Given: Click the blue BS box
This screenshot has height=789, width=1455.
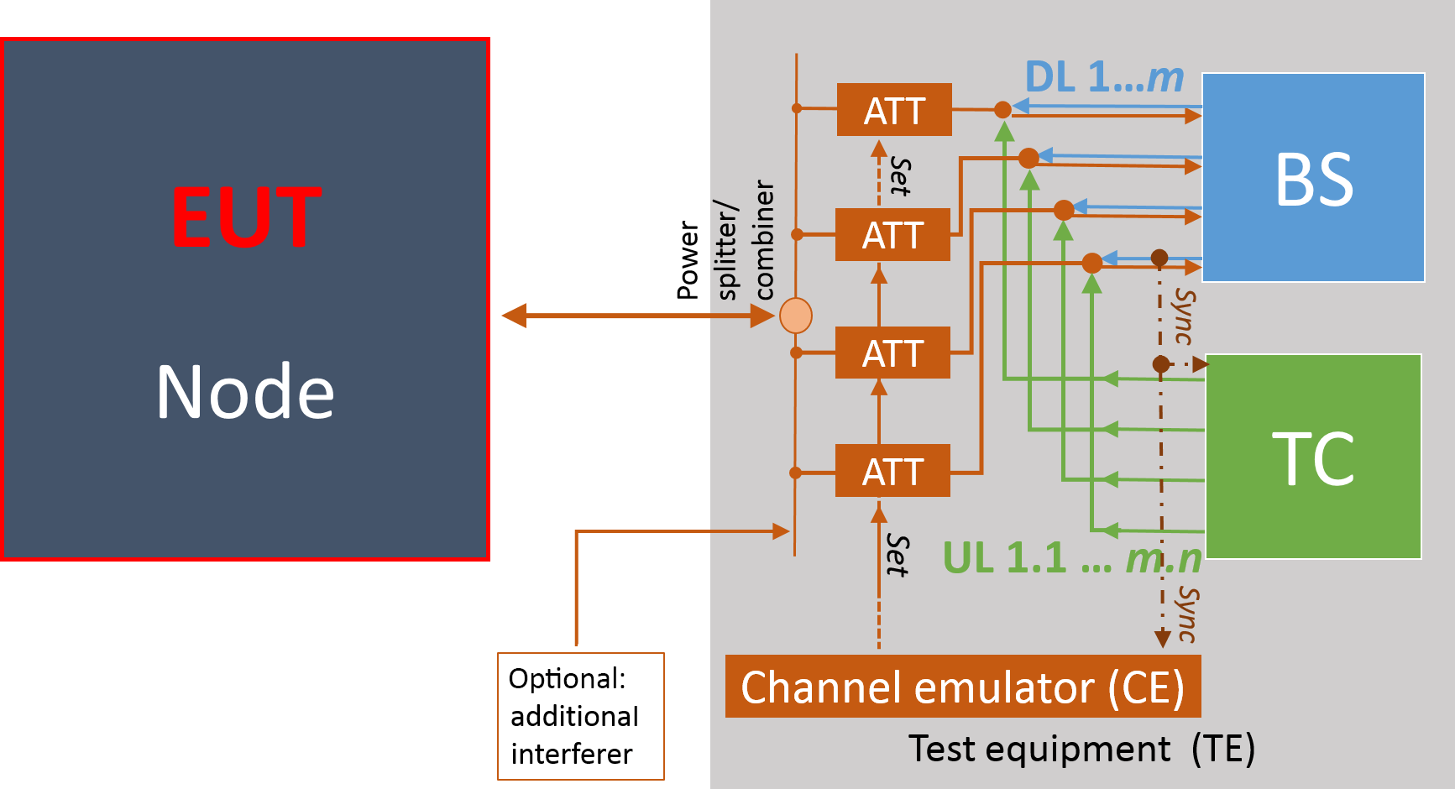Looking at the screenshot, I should pos(1313,177).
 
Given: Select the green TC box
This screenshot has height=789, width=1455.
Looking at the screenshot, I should pos(1313,457).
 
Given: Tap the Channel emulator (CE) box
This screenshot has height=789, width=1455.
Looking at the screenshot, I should pos(962,687).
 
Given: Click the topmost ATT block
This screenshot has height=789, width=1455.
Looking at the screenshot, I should pos(894,110).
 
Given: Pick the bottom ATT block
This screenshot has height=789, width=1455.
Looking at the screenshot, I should pos(892,471).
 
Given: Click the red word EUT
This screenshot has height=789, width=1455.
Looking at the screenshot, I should pos(246,217).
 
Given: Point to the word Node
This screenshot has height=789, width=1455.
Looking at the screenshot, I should pos(245,391).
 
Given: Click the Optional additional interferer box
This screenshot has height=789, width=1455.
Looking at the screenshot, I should pos(580,716).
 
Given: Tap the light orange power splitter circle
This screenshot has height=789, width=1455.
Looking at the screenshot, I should pos(795,316).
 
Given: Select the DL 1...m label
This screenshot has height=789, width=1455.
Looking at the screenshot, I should pos(1104,78).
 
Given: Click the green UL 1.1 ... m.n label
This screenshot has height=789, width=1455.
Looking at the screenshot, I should pos(1071,558).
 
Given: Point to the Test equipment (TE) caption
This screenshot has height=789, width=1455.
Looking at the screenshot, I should pos(1081,749).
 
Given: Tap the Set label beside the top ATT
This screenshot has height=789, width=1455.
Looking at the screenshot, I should pos(900,176).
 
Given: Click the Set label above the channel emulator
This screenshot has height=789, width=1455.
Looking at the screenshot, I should pos(898,556).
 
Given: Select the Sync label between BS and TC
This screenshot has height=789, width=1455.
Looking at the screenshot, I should pos(1184,316).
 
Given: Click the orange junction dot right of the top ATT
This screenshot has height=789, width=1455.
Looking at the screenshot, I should pos(1002,109).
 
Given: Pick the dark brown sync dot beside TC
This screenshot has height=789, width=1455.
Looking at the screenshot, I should pos(1161,364).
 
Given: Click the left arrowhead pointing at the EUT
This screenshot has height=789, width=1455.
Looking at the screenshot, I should pos(514,316).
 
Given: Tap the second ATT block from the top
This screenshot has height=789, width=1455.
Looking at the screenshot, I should pos(892,235).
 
